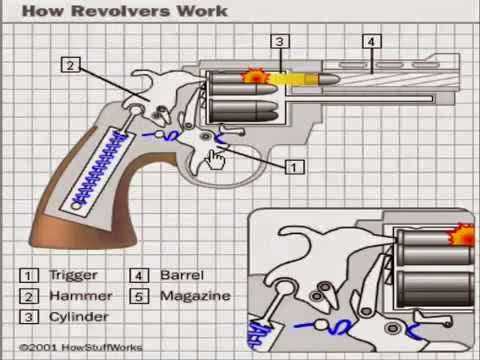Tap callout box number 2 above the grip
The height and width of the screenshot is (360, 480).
[70, 65]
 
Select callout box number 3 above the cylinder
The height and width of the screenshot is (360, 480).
[281, 42]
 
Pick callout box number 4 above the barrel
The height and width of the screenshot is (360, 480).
[371, 42]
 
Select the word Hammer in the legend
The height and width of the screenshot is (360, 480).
[80, 296]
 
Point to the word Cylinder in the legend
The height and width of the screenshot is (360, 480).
[82, 317]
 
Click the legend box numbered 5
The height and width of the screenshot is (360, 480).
[140, 296]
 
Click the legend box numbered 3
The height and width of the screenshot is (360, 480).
[30, 317]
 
